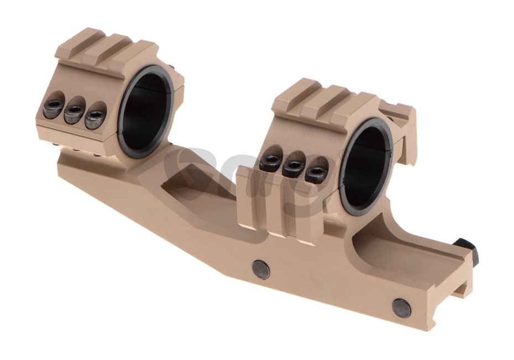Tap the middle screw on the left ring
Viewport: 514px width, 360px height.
click(74, 113)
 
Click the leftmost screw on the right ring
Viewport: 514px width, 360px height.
click(270, 161)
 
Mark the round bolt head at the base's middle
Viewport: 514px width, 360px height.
click(261, 269)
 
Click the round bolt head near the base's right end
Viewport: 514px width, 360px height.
click(401, 307)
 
